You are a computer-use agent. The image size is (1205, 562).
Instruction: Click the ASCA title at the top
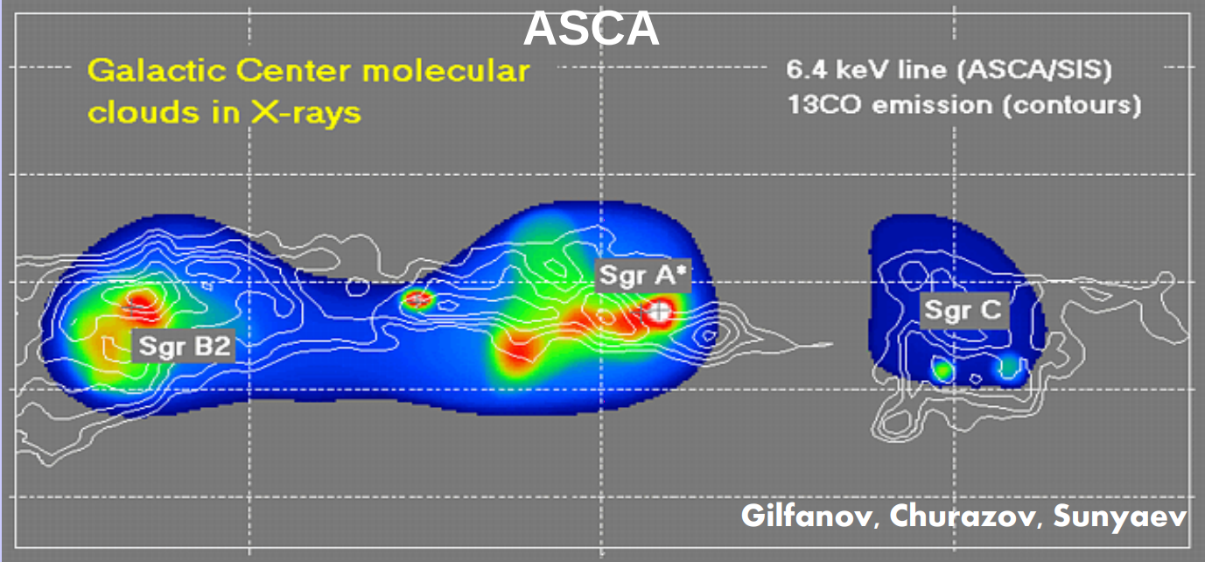tap(592, 29)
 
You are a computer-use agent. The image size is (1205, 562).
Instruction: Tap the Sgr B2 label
tap(184, 346)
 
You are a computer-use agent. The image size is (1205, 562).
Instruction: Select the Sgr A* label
tap(643, 276)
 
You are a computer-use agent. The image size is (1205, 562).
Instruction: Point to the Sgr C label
tap(963, 310)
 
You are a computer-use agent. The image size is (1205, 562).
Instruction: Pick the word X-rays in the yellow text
tap(305, 114)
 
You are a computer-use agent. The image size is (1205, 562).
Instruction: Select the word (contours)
tap(1072, 106)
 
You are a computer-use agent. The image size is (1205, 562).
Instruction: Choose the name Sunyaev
tap(1120, 516)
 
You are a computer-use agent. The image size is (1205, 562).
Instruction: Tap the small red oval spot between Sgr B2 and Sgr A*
tap(417, 299)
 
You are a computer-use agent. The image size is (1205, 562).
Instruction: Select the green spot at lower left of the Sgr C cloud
tap(942, 369)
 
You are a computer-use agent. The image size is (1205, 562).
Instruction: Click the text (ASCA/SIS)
tap(1034, 71)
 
